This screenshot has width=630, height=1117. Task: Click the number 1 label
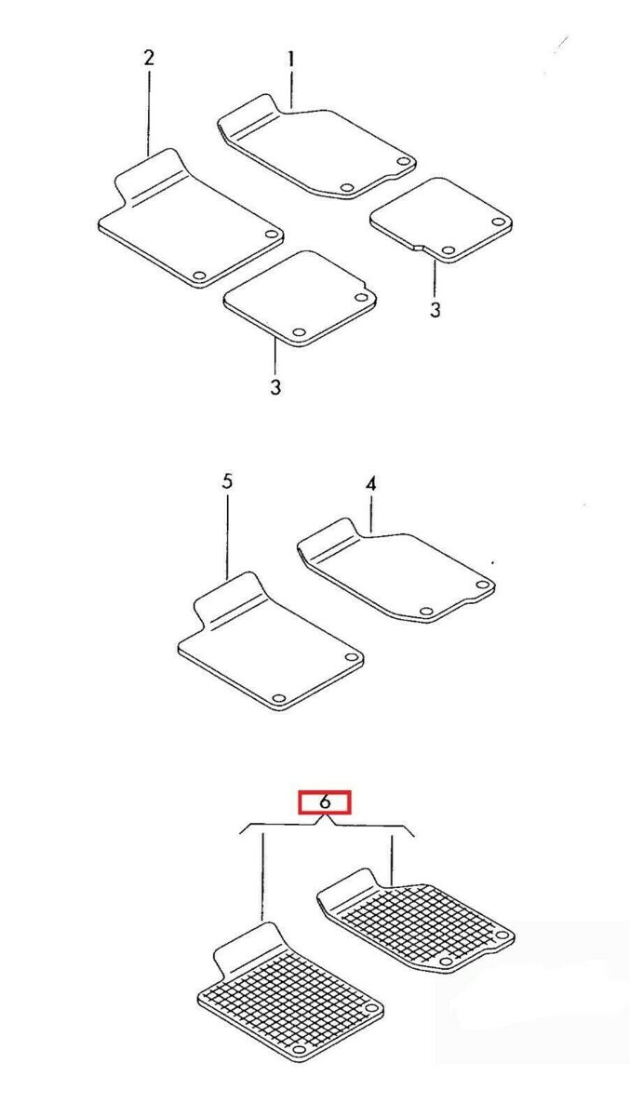click(291, 61)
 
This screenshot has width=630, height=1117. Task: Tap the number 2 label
click(149, 58)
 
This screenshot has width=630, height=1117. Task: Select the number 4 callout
click(370, 484)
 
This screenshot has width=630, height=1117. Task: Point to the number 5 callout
click(227, 481)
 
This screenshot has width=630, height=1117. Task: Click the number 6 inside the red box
click(325, 801)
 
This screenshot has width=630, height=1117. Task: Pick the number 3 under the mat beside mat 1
click(436, 310)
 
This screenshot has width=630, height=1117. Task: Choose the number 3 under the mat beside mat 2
click(275, 386)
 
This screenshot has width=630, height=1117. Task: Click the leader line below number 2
click(149, 112)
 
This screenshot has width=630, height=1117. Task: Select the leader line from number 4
click(371, 514)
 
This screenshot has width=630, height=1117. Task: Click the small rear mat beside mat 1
click(441, 221)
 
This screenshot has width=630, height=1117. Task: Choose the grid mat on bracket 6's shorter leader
click(416, 921)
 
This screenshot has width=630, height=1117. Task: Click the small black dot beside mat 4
click(493, 563)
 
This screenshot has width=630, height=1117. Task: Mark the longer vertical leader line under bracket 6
click(262, 879)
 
